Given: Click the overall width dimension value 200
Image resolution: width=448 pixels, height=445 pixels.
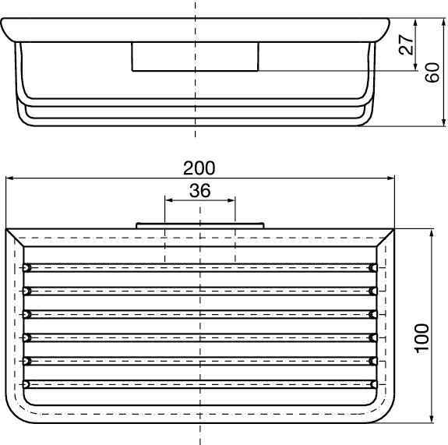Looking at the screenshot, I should [x=199, y=168].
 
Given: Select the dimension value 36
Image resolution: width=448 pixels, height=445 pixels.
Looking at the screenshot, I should [x=199, y=190].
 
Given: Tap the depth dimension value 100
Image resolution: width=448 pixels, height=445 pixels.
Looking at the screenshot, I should [x=422, y=340].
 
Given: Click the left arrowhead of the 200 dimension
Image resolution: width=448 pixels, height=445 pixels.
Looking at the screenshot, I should [x=9, y=178].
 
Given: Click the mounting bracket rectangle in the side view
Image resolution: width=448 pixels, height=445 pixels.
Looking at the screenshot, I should [x=195, y=57].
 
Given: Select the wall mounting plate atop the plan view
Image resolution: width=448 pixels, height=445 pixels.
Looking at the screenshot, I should [x=199, y=226].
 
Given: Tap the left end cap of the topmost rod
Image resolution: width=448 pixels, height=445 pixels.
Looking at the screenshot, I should [x=27, y=267].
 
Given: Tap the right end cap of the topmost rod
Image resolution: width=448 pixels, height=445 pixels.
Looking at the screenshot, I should [x=373, y=267].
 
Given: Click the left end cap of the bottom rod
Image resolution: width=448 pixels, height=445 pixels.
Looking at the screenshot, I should [x=27, y=383].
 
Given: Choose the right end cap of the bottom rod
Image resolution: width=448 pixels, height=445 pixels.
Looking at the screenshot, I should [x=373, y=383].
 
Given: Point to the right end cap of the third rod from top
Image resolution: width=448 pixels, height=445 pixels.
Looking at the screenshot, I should [x=373, y=314].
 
